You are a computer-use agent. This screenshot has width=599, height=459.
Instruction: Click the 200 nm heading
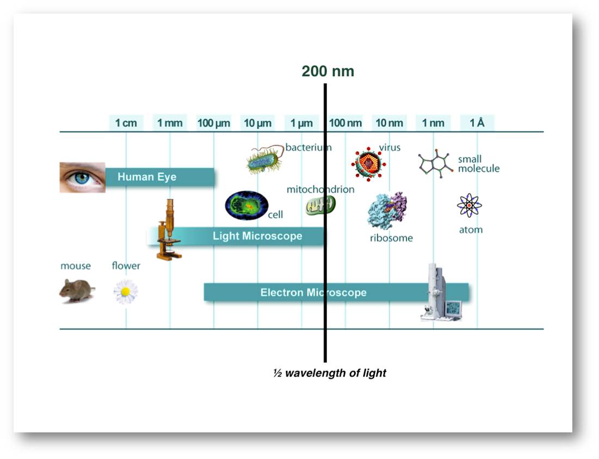pyautogui.click(x=328, y=71)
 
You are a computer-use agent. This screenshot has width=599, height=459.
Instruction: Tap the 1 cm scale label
pyautogui.click(x=126, y=123)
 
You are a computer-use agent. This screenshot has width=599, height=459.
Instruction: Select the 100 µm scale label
pyautogui.click(x=214, y=123)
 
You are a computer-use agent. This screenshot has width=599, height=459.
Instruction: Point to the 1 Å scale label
pyautogui.click(x=477, y=122)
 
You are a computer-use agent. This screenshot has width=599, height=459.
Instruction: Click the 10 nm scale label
pyautogui.click(x=390, y=123)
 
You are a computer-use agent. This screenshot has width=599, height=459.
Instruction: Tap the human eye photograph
pyautogui.click(x=83, y=178)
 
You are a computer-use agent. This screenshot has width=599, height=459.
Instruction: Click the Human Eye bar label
pyautogui.click(x=147, y=177)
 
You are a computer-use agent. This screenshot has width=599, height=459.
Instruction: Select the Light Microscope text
pyautogui.click(x=257, y=236)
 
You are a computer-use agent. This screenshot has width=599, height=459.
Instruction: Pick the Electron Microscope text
pyautogui.click(x=313, y=292)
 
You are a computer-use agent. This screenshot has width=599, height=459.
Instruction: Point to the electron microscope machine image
pyautogui.click(x=441, y=292)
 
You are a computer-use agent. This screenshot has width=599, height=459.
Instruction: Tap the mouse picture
pyautogui.click(x=77, y=291)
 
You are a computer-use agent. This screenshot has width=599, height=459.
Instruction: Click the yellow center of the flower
pyautogui.click(x=125, y=292)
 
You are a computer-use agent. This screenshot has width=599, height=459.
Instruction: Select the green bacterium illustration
pyautogui.click(x=265, y=160)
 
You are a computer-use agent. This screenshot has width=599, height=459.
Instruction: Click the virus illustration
pyautogui.click(x=368, y=164)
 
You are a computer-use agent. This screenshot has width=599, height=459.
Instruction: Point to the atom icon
pyautogui.click(x=469, y=205)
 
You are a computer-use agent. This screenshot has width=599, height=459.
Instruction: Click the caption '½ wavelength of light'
pyautogui.click(x=330, y=373)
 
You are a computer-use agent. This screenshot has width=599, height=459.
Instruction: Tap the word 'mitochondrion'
pyautogui.click(x=320, y=189)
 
